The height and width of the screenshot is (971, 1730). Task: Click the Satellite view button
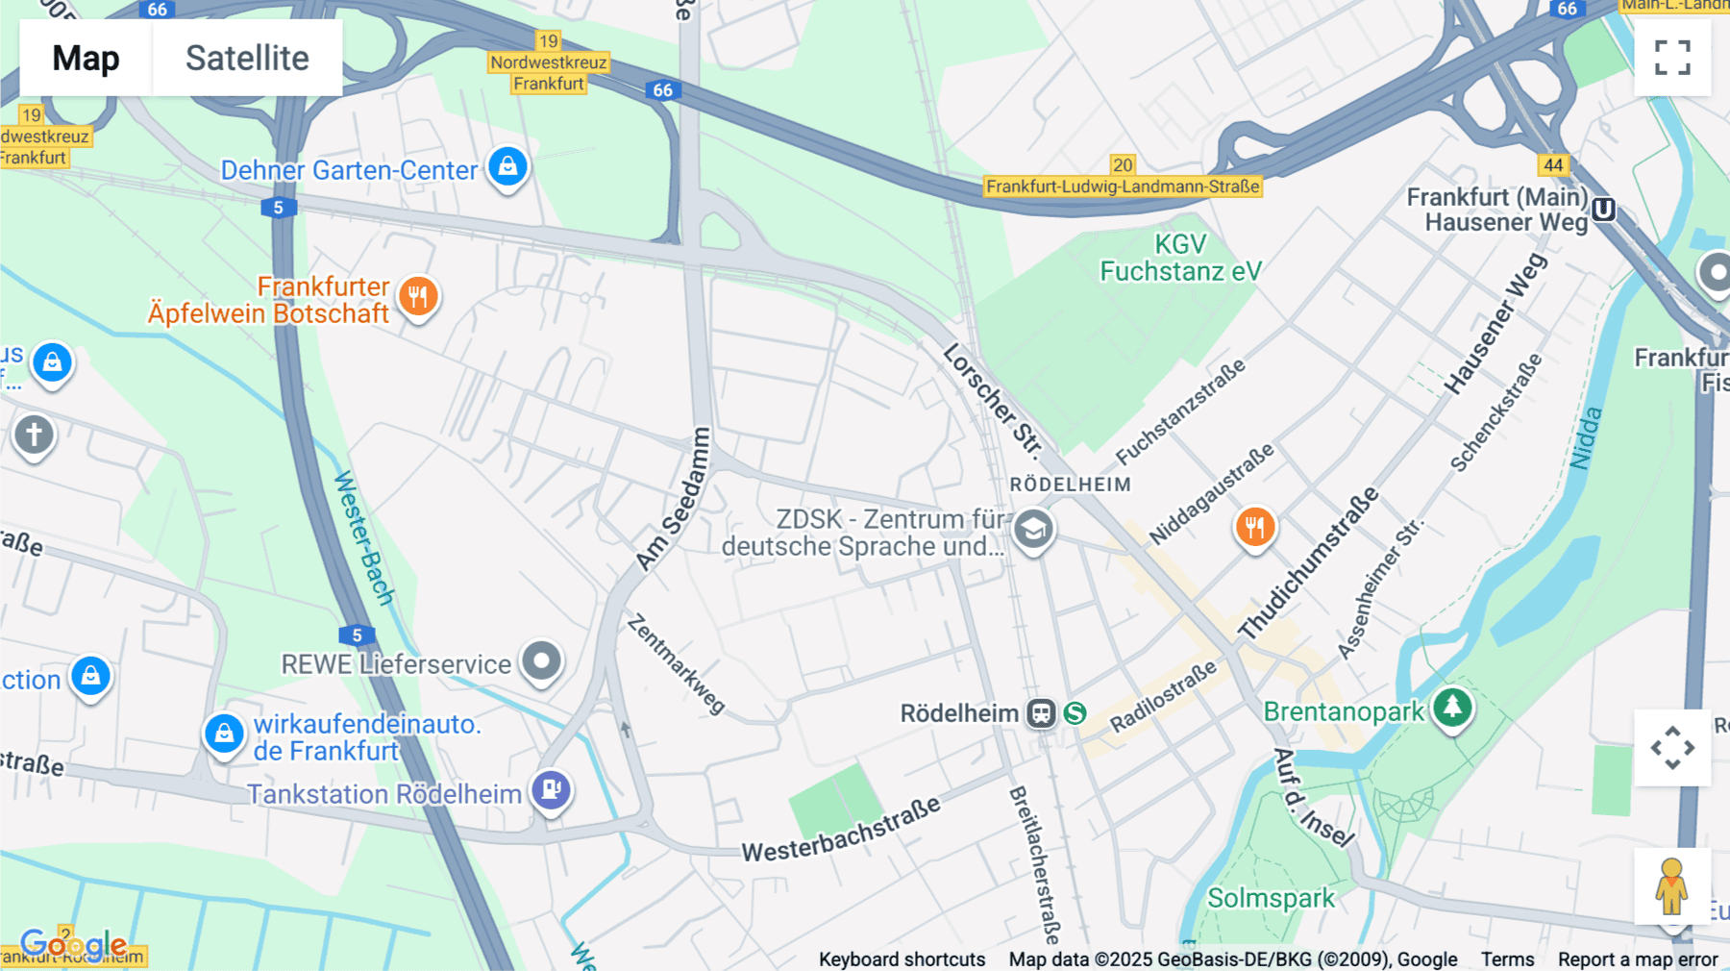coord(247,58)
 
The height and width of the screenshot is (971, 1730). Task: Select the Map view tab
coord(86,58)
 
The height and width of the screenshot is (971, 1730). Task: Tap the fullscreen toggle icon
coord(1672,58)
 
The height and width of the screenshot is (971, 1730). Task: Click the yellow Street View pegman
coord(1671,886)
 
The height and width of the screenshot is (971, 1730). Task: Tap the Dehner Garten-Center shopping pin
coord(507,167)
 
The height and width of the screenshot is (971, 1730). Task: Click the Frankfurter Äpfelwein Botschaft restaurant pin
coord(418,297)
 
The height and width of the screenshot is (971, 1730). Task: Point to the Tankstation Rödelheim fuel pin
coord(552,790)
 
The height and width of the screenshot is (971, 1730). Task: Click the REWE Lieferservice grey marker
coord(541,661)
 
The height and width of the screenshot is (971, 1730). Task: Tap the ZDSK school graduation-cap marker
coord(1033,530)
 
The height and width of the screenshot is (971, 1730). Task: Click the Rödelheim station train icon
coord(1041,713)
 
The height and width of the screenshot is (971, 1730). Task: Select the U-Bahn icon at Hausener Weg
coord(1603,210)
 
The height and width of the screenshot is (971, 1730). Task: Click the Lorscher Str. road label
coord(992,398)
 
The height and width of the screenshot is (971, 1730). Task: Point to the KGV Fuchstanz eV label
coord(1180,258)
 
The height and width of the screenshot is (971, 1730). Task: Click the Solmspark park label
coord(1271,898)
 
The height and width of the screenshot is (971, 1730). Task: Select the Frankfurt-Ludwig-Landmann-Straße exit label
coord(1123,187)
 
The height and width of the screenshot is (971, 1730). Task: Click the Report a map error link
coord(1638,959)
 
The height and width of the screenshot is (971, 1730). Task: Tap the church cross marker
coord(35,435)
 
